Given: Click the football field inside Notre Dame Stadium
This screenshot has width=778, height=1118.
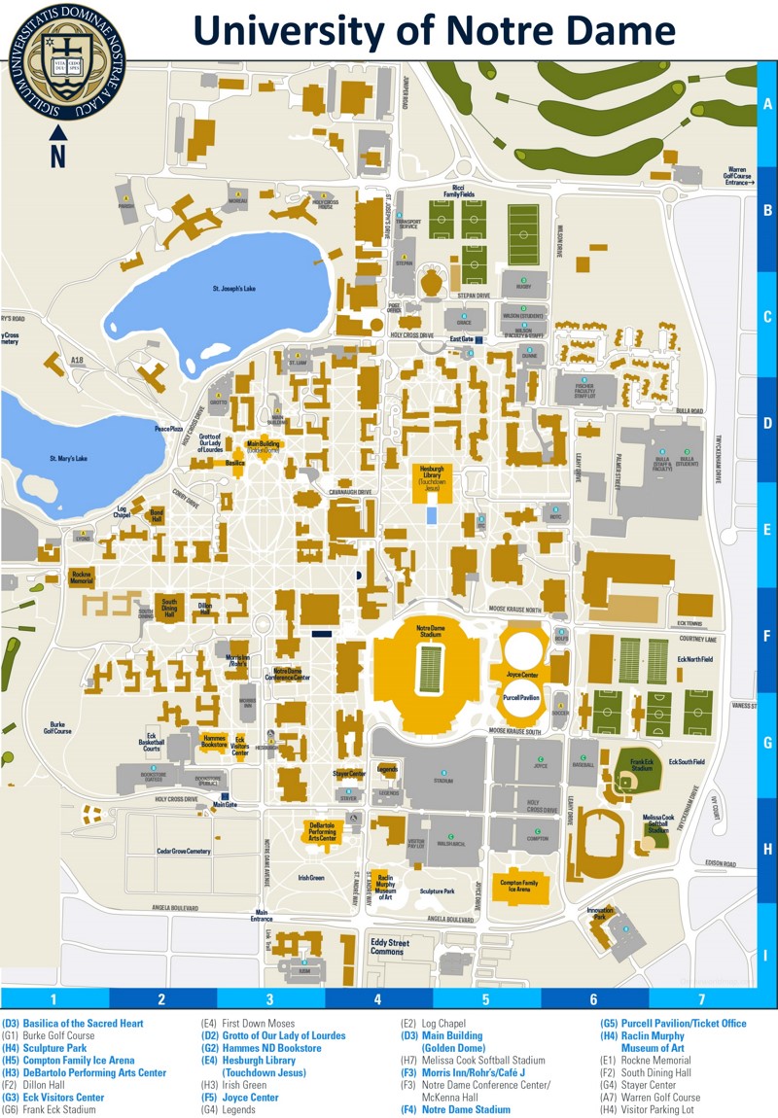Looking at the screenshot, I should [428, 669].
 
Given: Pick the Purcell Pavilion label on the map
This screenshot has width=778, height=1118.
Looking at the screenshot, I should [522, 697].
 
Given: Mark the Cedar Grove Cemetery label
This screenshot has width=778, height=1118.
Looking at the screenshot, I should [184, 851].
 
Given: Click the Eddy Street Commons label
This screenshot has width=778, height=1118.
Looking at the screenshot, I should [389, 946].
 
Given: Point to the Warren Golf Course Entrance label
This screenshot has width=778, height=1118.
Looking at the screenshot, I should [739, 177].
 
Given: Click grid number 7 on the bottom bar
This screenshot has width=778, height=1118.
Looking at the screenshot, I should [700, 998].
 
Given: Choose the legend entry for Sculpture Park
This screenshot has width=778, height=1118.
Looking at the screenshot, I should [47, 1049].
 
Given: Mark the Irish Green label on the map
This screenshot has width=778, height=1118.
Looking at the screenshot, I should [311, 877].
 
